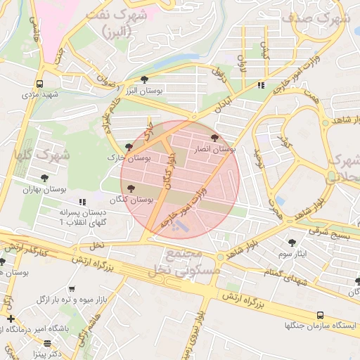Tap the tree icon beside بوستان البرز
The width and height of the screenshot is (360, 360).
[x=145, y=79]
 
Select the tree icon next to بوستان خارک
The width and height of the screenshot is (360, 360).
[x=128, y=147]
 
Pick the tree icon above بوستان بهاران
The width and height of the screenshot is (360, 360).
[x=45, y=178]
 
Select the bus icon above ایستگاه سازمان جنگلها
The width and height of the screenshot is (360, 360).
[x=320, y=316]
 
